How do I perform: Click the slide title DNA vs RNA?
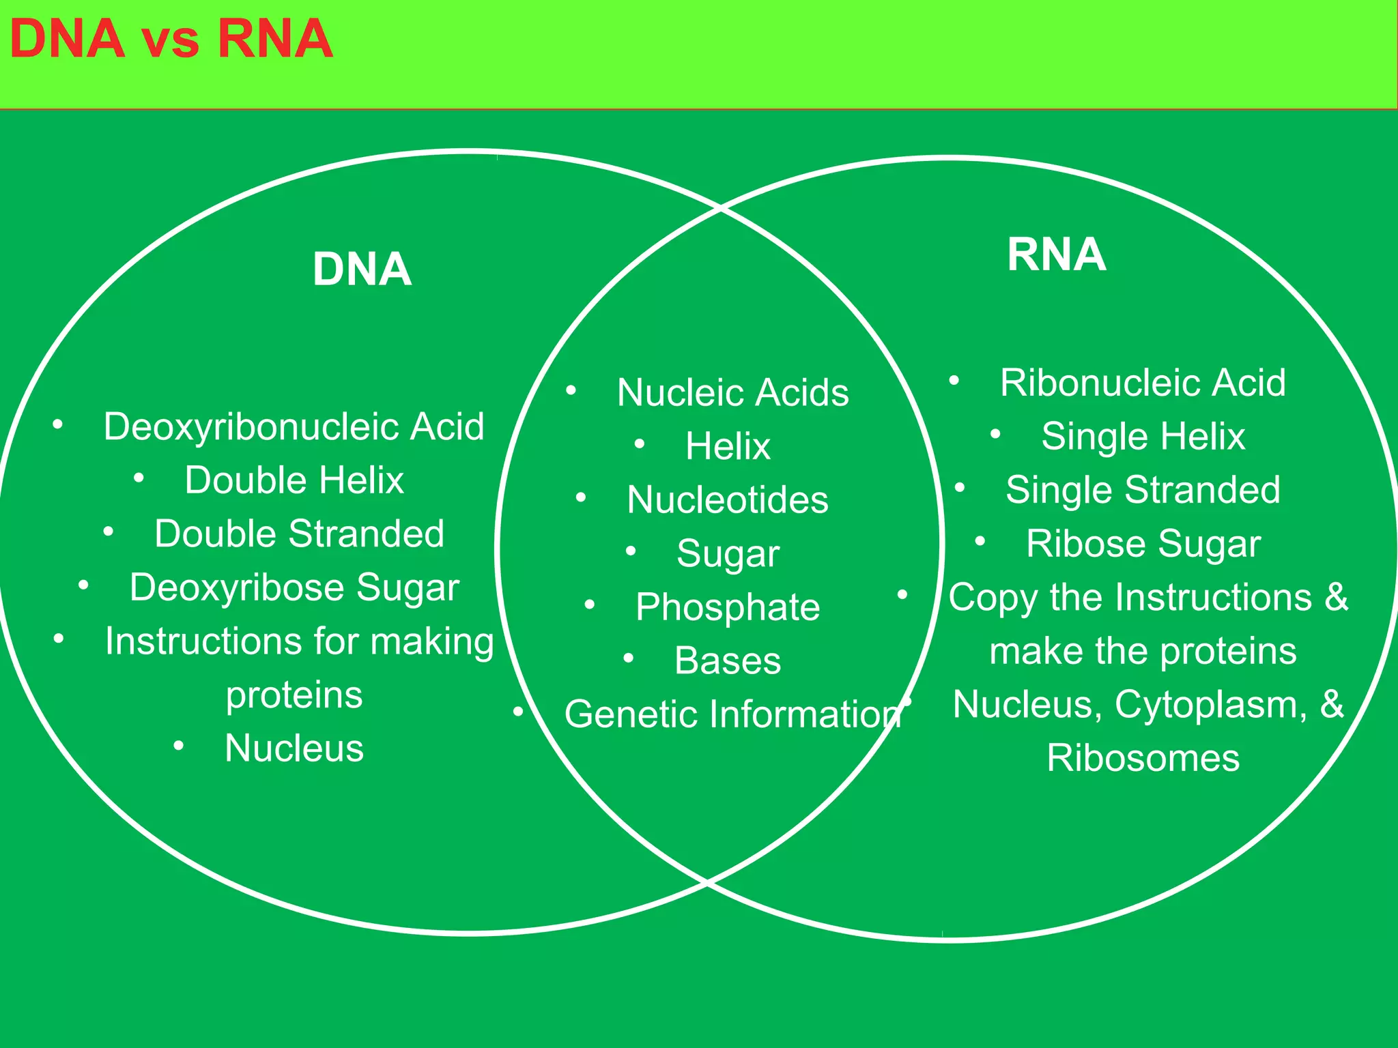171,39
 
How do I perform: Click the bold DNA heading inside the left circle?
362,270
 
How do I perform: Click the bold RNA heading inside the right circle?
1056,254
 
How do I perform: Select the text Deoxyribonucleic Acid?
294,427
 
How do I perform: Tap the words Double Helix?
294,480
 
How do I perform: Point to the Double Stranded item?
299,534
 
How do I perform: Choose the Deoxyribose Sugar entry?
294,587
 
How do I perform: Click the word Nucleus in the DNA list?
294,748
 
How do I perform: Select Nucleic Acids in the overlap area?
732,393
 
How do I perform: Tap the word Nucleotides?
728,500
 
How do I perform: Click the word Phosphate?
728,607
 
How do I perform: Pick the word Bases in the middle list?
728,660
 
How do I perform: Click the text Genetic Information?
732,714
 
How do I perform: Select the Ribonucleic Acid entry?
1143,383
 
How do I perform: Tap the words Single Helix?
1143,437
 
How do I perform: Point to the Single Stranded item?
1143,490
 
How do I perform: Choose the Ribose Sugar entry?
1143,544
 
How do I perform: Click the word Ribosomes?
1143,758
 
